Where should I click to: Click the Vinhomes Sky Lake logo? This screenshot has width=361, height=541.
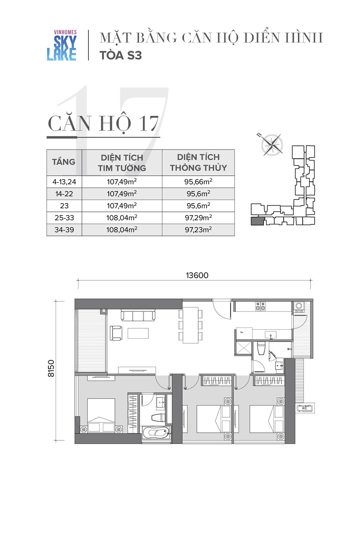click(x=62, y=45)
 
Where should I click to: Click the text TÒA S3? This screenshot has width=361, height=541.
click(x=121, y=55)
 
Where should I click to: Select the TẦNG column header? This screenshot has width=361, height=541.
click(x=64, y=162)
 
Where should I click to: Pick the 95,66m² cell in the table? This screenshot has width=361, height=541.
click(x=198, y=182)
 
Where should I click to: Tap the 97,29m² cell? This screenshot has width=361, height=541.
click(x=198, y=217)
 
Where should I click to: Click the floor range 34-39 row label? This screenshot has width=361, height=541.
click(x=64, y=229)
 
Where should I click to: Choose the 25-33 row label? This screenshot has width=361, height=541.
click(x=64, y=217)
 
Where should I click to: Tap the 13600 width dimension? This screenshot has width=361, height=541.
click(x=197, y=275)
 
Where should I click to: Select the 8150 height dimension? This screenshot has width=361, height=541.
click(x=51, y=368)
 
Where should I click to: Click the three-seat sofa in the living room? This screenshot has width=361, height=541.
click(x=138, y=316)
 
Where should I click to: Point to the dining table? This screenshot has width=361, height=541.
click(x=191, y=325)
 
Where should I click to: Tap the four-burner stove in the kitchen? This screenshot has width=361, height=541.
click(x=260, y=306)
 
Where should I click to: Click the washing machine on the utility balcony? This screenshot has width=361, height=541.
click(x=299, y=306)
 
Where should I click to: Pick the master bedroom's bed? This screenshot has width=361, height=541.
click(x=101, y=415)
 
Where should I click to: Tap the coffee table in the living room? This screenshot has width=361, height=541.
click(x=138, y=333)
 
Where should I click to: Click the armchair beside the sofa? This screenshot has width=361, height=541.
click(x=116, y=333)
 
